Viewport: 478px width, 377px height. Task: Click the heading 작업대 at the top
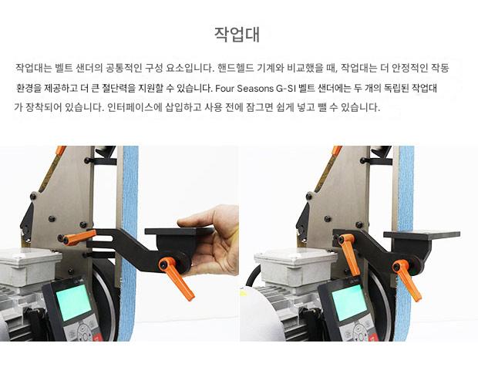pyautogui.click(x=237, y=35)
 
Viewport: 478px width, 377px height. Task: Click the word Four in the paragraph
pyautogui.click(x=224, y=89)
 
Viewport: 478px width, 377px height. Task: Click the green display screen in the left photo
pyautogui.click(x=73, y=302)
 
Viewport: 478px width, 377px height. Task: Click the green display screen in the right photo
pyautogui.click(x=349, y=302)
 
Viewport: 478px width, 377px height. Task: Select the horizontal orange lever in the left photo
pyautogui.click(x=79, y=237)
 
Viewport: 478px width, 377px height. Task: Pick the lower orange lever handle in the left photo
pyautogui.click(x=177, y=278)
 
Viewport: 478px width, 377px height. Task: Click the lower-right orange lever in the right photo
pyautogui.click(x=407, y=280)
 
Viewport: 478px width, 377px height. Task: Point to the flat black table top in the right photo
pyautogui.click(x=422, y=234)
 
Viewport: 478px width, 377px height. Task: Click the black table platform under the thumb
pyautogui.click(x=179, y=231)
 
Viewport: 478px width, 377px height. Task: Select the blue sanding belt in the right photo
pyautogui.click(x=405, y=244)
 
